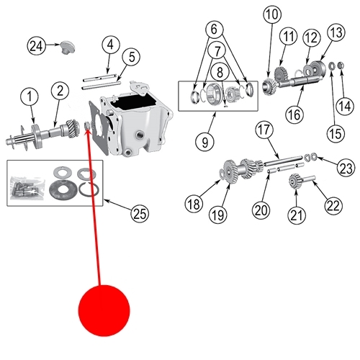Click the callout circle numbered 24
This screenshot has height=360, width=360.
(x=36, y=45)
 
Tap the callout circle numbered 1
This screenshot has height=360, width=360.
(x=30, y=97)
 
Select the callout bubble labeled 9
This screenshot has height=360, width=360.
(x=204, y=142)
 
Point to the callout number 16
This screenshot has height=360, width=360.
(x=294, y=114)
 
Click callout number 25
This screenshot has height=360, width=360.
(x=140, y=213)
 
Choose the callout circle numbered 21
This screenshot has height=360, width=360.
(x=297, y=215)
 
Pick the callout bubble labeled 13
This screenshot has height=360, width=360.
(x=336, y=32)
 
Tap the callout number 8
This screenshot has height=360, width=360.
(x=220, y=72)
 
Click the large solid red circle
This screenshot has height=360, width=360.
(x=104, y=310)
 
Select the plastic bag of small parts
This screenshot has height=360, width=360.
(x=27, y=188)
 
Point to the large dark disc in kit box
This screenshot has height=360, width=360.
(x=63, y=189)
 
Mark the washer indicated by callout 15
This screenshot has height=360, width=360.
(x=332, y=66)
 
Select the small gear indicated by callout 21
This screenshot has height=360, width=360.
(x=294, y=181)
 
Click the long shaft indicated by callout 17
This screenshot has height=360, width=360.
(x=283, y=161)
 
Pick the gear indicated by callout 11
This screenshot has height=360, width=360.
(x=282, y=73)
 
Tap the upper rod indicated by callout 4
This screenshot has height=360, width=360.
(x=99, y=77)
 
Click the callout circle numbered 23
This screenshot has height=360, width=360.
(x=346, y=168)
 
